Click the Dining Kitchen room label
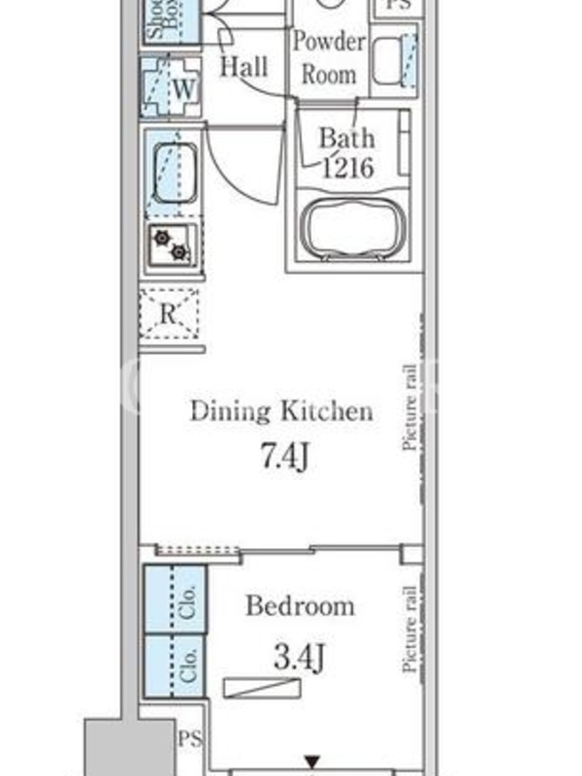[x=281, y=411]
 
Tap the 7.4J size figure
[x=284, y=456]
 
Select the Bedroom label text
[x=301, y=605]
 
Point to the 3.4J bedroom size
[x=300, y=658]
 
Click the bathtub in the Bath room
[x=354, y=228]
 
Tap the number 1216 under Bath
[x=347, y=168]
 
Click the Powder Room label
[x=329, y=58]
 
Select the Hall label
[x=244, y=66]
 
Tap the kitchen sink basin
[x=175, y=173]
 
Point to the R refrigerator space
[x=169, y=313]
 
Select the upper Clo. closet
[x=176, y=599]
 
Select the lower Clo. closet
[x=175, y=665]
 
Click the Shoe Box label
[x=164, y=19]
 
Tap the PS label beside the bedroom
[x=190, y=739]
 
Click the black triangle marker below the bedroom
[x=311, y=761]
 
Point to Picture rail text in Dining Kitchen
[x=409, y=407]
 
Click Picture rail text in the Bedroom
[x=409, y=629]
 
